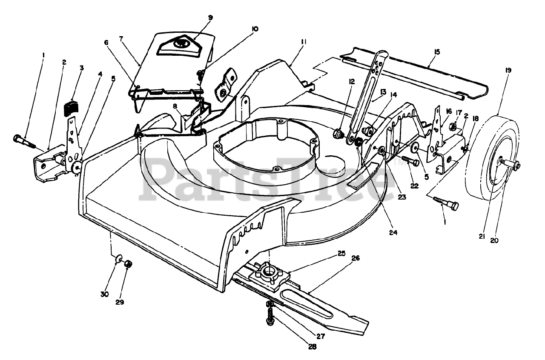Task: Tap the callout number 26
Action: tap(355, 257)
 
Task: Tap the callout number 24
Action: tap(393, 233)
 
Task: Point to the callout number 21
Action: tap(482, 237)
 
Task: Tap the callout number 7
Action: tap(121, 39)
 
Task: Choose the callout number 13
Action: tap(383, 92)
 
